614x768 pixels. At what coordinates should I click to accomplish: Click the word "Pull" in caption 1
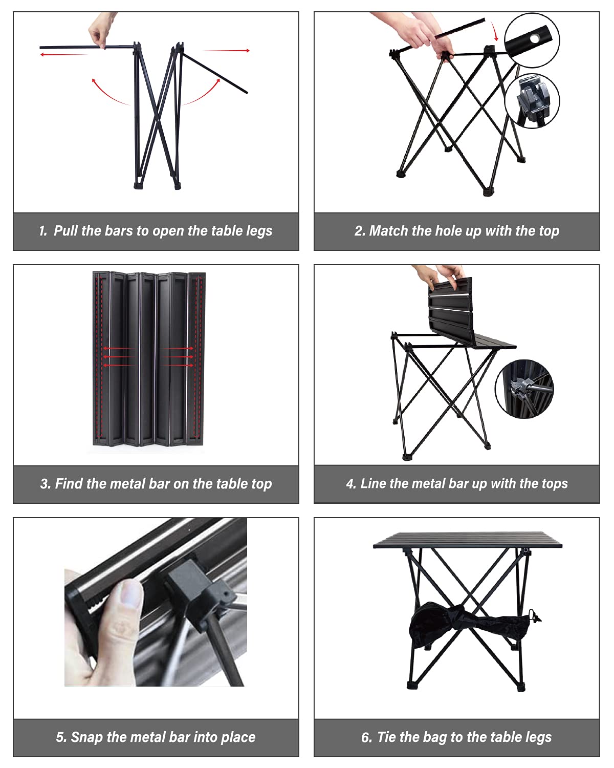tap(65, 231)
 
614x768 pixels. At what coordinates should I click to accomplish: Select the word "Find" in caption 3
tap(69, 484)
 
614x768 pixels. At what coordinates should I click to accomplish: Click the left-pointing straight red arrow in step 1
tap(64, 54)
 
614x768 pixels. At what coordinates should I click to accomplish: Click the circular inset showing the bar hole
tap(532, 39)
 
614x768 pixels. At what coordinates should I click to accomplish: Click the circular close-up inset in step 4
tap(524, 388)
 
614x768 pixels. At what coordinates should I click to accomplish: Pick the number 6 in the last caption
tap(366, 738)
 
